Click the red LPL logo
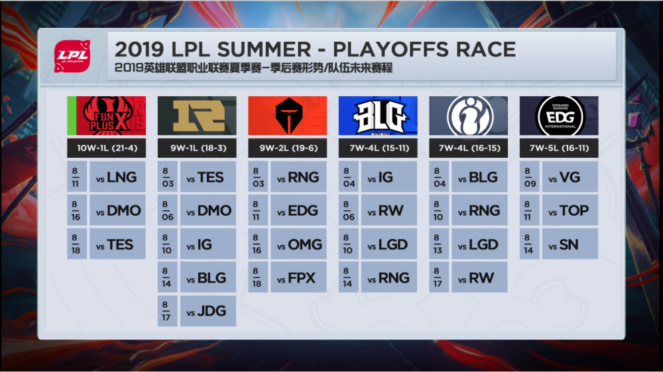[72, 56]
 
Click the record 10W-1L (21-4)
[107, 148]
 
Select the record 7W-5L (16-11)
[559, 148]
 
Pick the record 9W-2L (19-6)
[288, 148]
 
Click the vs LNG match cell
[117, 176]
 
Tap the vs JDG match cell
[208, 311]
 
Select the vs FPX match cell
[298, 277]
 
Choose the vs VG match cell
[570, 176]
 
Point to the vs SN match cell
[570, 244]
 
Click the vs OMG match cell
[298, 244]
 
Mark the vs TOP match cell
[570, 210]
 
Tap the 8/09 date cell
[529, 176]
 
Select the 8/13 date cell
[439, 244]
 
